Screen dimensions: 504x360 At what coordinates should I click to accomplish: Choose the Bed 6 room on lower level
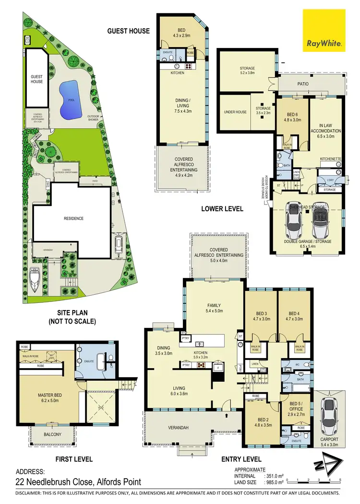pos(292,114)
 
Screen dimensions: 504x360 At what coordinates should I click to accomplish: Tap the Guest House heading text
pos(128,31)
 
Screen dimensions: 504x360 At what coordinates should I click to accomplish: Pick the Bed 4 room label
pos(296,314)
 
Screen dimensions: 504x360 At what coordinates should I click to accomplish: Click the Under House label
pos(235,112)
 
